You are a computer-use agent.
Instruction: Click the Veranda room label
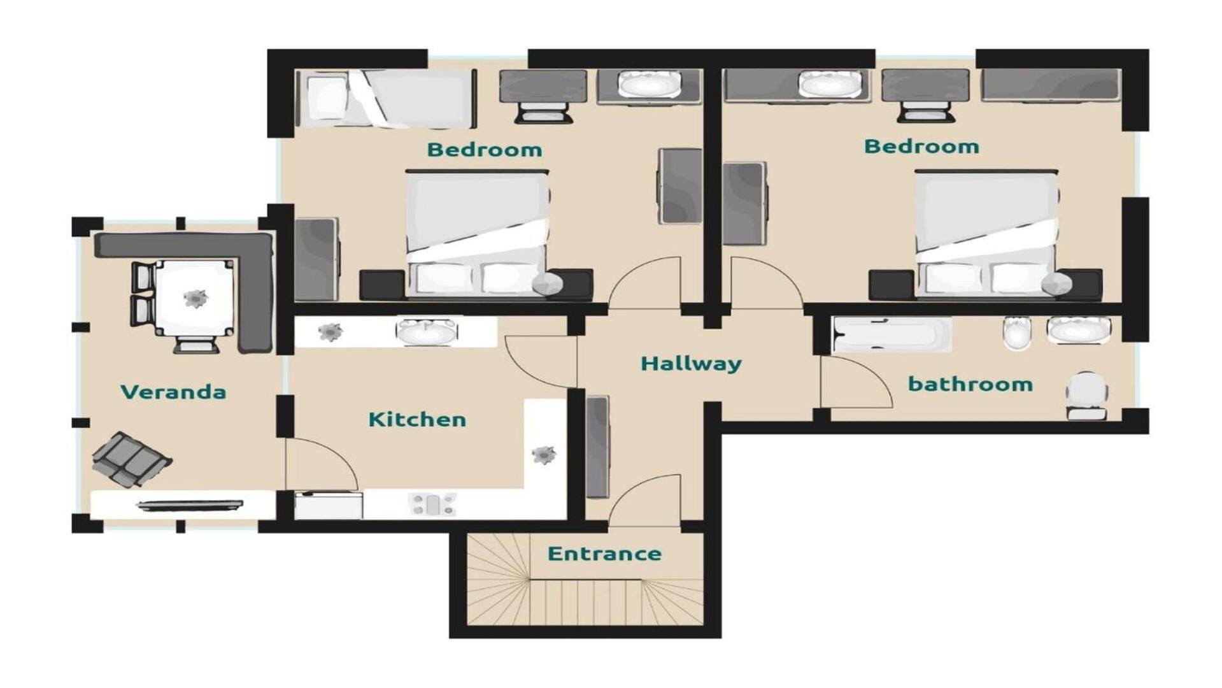(x=173, y=391)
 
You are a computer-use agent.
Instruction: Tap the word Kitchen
(x=417, y=419)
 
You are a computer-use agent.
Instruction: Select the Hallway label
(x=691, y=364)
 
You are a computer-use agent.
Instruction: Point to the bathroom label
(x=970, y=384)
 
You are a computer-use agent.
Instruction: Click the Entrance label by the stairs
(x=604, y=554)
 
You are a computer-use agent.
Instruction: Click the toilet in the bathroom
(x=1087, y=396)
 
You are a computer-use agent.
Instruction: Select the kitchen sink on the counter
(x=426, y=331)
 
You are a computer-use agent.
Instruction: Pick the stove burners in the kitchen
(x=433, y=505)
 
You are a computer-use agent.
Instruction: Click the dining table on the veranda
(x=194, y=298)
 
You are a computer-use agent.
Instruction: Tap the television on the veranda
(x=190, y=506)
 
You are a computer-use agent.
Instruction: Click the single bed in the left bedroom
(x=386, y=99)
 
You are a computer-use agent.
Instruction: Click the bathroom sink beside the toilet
(x=1079, y=330)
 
